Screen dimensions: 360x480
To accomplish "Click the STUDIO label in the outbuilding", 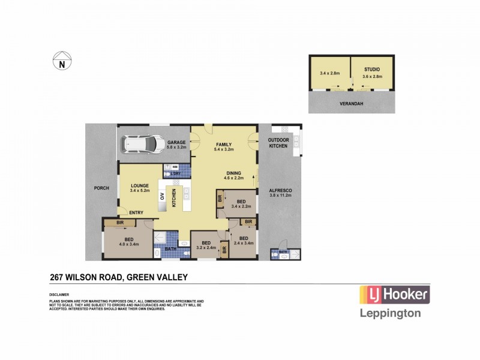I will (372, 70).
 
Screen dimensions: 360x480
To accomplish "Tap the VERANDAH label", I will (352, 103).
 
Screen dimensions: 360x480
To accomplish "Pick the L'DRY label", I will (176, 174).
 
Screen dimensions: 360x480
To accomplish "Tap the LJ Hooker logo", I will (394, 295).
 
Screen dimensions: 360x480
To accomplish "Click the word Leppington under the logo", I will (389, 313).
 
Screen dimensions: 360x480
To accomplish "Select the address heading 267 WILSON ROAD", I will (119, 277).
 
